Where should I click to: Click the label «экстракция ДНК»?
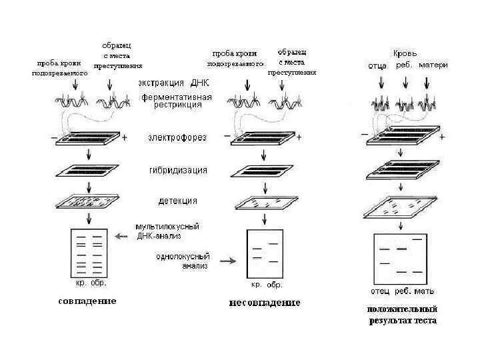coord(174,83)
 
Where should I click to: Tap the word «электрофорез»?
coord(177,138)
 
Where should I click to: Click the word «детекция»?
coord(177,201)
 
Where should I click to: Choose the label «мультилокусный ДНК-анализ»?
coord(167,231)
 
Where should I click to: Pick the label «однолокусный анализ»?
coord(183,261)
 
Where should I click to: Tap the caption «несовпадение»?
coord(265,303)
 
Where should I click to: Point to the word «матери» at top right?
coord(433,65)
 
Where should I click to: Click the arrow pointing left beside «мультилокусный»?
coord(121,236)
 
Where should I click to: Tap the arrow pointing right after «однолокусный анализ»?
coord(227,261)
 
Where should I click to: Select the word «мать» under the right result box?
coord(425,291)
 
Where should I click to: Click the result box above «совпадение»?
coord(89,253)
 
